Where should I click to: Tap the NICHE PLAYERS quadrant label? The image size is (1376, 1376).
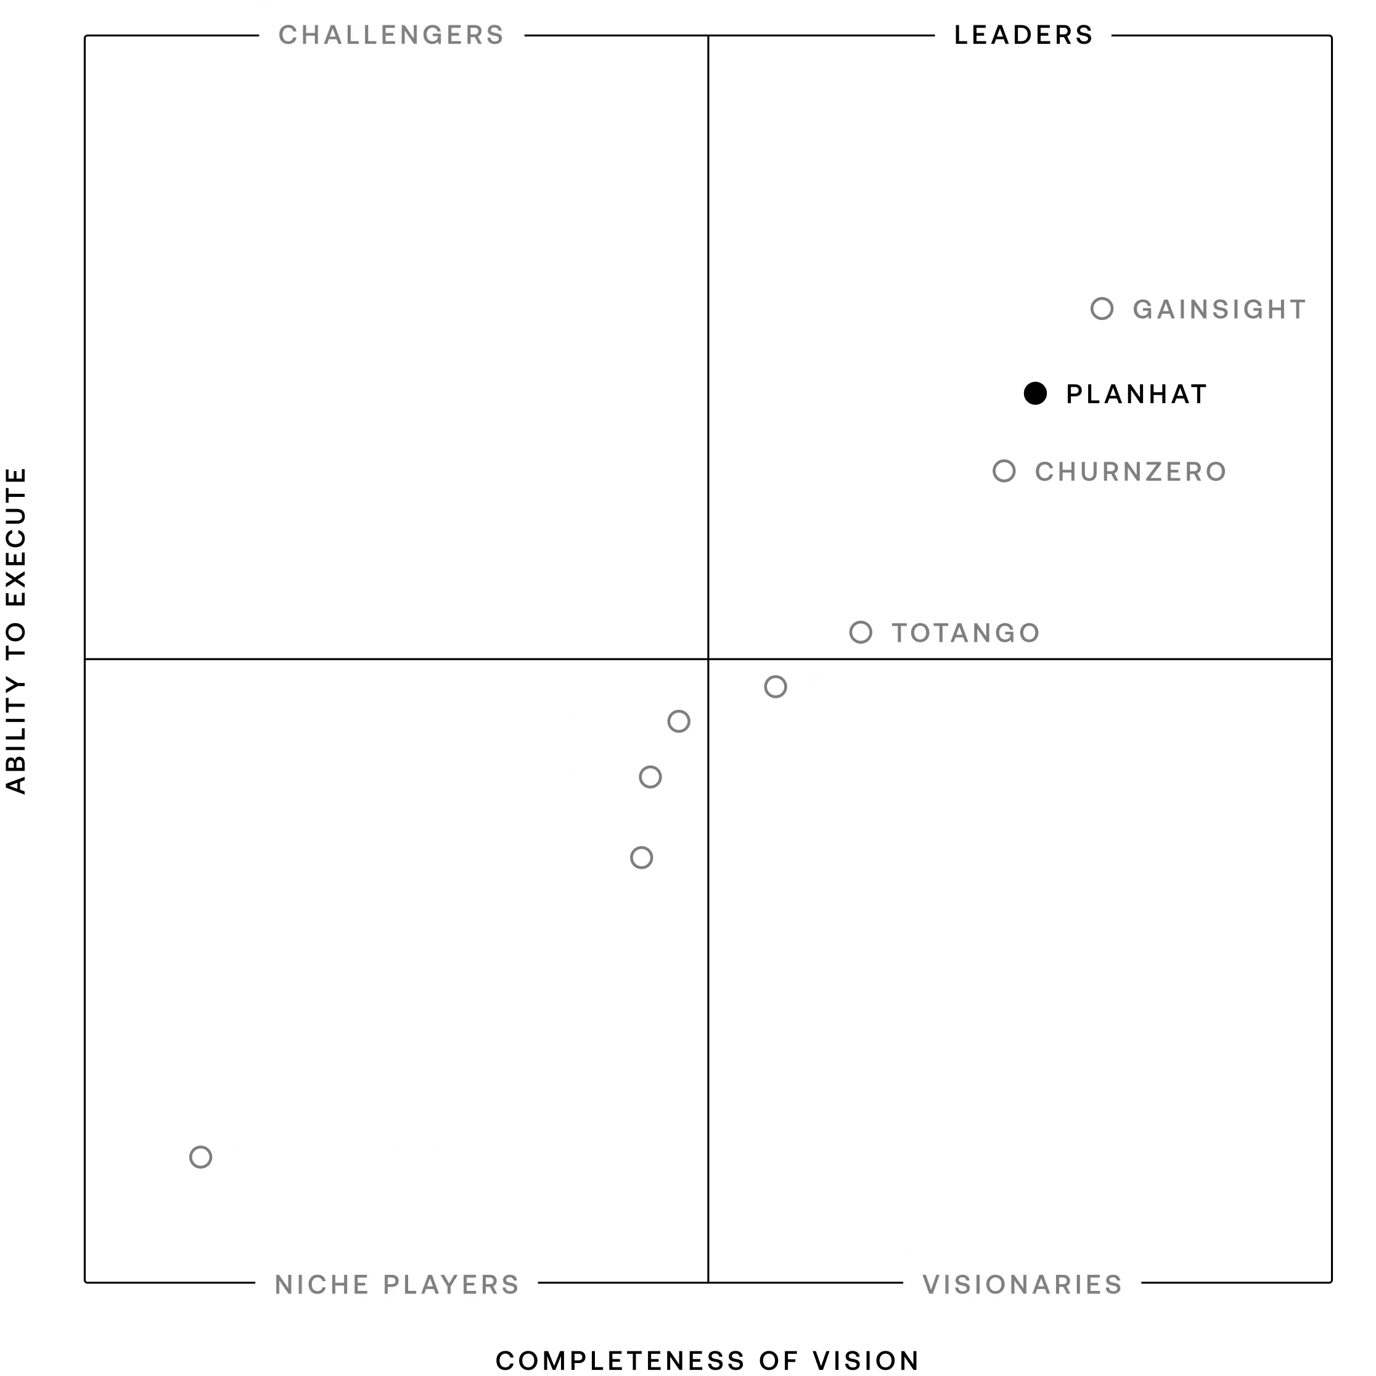coord(396,1284)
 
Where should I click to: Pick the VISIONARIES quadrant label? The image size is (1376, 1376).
coord(1022,1284)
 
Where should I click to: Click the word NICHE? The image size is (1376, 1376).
coord(322,1284)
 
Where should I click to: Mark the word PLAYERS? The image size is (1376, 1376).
coord(451,1284)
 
